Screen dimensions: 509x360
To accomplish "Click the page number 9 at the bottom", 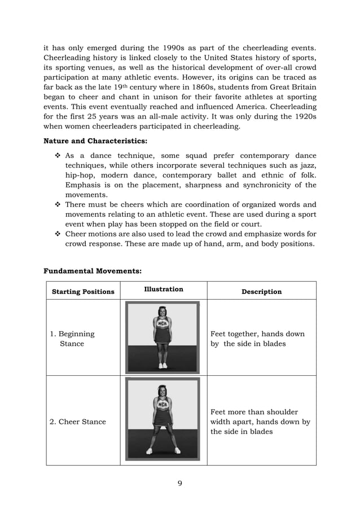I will tap(179, 482).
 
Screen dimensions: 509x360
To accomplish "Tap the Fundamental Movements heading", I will tap(93, 271).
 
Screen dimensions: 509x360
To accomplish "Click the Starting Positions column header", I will tap(83, 292).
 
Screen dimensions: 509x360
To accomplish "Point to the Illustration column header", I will tap(164, 289).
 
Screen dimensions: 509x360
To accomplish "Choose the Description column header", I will tap(261, 292).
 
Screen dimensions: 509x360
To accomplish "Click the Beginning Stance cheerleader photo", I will tap(163, 337).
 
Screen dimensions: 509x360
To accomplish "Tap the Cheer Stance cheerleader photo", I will tap(163, 419).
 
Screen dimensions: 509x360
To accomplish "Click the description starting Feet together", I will tap(257, 339).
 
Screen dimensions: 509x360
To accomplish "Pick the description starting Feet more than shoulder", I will tap(260, 422).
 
